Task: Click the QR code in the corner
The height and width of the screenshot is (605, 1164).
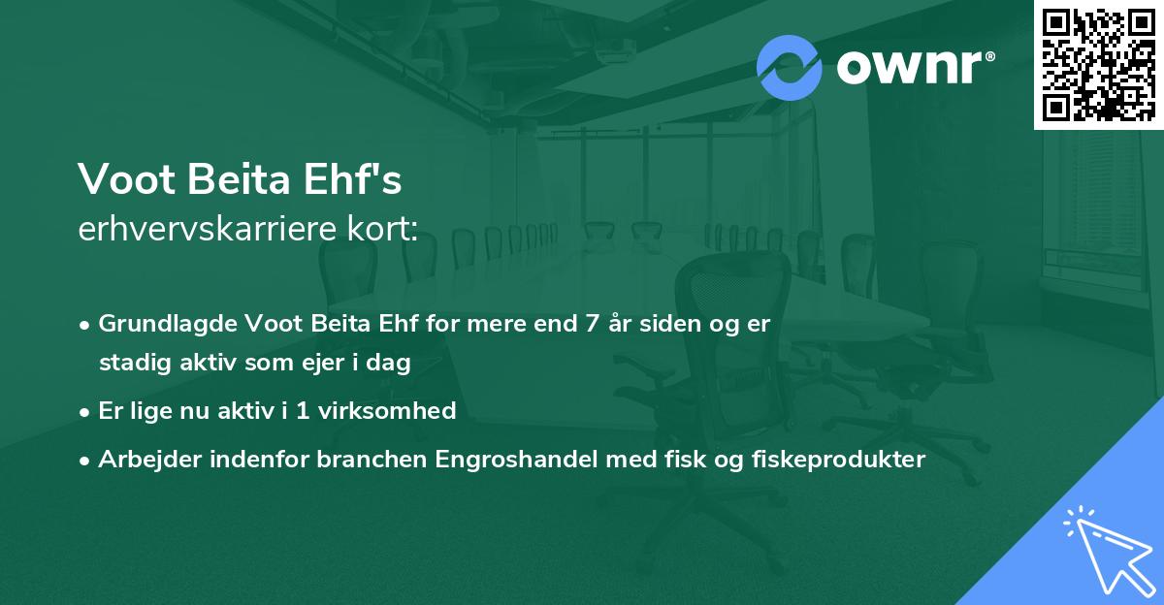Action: tap(1098, 65)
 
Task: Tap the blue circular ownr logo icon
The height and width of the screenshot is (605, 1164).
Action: tap(790, 68)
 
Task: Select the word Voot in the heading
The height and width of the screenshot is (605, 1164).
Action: tap(120, 180)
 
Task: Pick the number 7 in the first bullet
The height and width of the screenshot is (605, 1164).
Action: tap(591, 324)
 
